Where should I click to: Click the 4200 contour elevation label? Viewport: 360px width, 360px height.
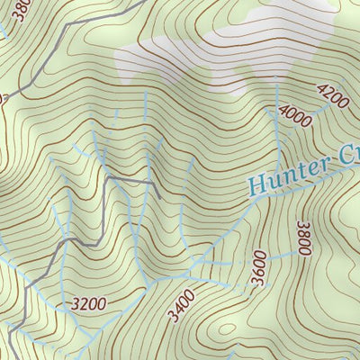tap(331, 95)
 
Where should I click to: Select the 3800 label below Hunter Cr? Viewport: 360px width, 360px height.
tap(303, 238)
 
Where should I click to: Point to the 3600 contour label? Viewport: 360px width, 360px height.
tap(260, 267)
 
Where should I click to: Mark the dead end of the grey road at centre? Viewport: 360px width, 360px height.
tap(159, 196)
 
